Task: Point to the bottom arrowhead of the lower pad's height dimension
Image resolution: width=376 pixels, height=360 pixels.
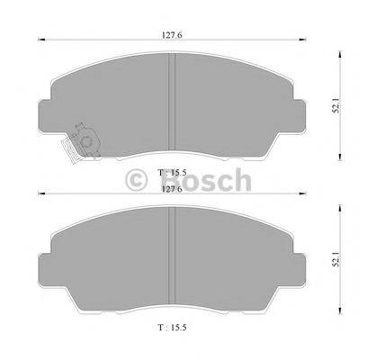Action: click(340, 318)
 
